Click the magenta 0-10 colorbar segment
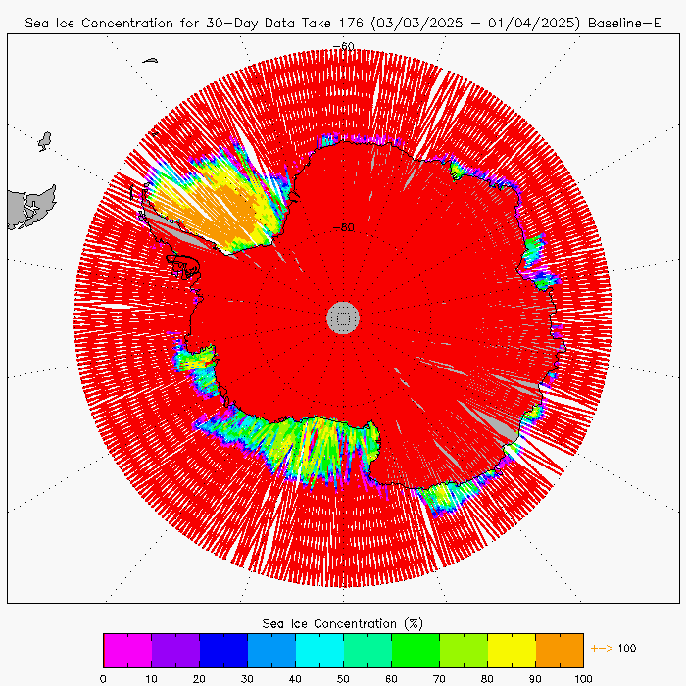click(x=126, y=650)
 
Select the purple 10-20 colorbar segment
click(x=175, y=650)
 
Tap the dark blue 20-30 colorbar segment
click(x=223, y=650)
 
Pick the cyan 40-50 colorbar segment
click(x=319, y=650)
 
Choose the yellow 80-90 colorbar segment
click(x=512, y=650)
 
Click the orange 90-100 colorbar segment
click(x=560, y=650)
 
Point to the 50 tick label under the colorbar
click(x=343, y=676)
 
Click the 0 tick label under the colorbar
click(x=103, y=676)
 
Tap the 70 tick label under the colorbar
click(x=439, y=676)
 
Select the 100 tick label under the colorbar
click(x=583, y=676)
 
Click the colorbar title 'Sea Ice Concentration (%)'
click(x=343, y=623)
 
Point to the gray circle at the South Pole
click(x=343, y=317)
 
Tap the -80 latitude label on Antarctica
click(x=343, y=228)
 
